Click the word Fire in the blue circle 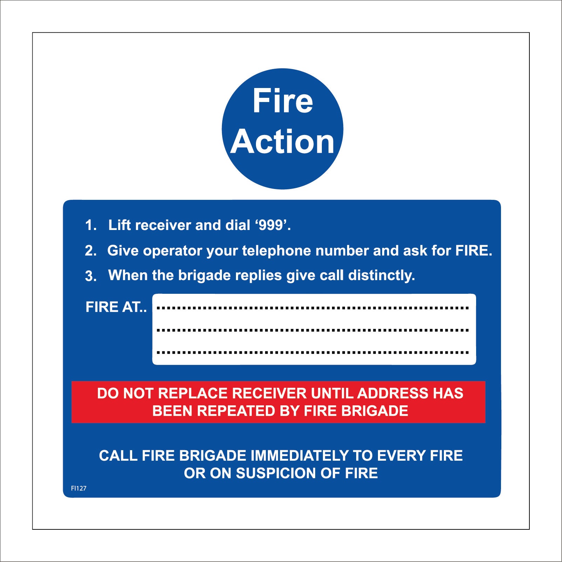(283, 101)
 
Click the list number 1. (90, 225)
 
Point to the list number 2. (90, 251)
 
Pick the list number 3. (90, 276)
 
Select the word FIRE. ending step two (474, 251)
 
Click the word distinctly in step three (381, 276)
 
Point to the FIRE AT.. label (116, 307)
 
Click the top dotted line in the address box (313, 308)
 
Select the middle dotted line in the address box (313, 330)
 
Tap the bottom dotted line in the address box (313, 352)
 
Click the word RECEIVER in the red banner (269, 393)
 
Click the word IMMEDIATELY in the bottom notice (299, 456)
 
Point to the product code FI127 (79, 488)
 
